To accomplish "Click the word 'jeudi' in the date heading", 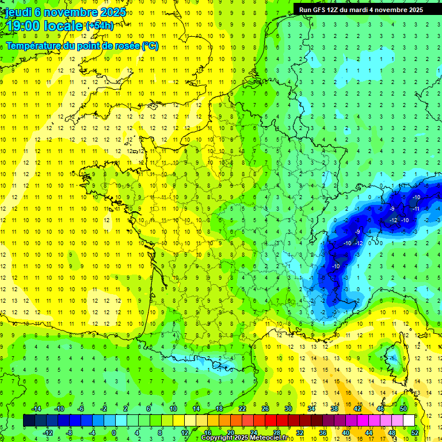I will pyautogui.click(x=19, y=12).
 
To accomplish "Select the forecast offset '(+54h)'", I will pyautogui.click(x=99, y=26).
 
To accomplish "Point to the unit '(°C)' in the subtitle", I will pyautogui.click(x=149, y=46).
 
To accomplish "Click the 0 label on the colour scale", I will pyautogui.click(x=114, y=432).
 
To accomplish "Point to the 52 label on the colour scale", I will pyautogui.click(x=415, y=432).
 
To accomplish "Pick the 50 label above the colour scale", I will pyautogui.click(x=403, y=409).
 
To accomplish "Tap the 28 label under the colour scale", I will pyautogui.click(x=276, y=432).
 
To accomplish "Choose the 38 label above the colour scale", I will pyautogui.click(x=334, y=409).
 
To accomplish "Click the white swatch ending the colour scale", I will pyautogui.click(x=409, y=421).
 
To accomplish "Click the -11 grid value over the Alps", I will pyautogui.click(x=416, y=209).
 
